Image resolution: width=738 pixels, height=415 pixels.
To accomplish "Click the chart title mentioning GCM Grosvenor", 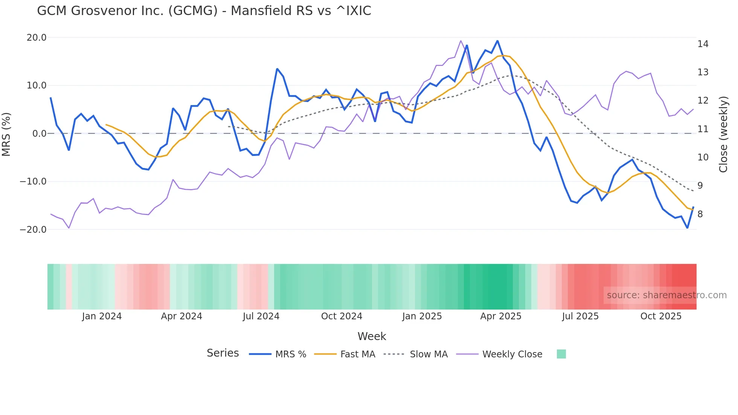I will pos(204,11).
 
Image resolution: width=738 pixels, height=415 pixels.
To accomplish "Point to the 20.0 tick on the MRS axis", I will pos(37,38).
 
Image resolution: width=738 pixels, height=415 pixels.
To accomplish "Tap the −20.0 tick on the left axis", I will pos(33,229).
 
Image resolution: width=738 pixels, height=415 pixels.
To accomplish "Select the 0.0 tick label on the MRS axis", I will pos(39,134).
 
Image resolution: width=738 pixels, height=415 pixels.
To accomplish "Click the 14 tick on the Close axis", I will pos(703,44).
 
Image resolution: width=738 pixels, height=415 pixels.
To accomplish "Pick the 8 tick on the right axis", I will pos(700,214).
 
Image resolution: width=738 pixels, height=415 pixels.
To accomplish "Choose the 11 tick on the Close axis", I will pos(703,129).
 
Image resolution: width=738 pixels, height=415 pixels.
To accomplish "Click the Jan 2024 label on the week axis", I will pos(102,316).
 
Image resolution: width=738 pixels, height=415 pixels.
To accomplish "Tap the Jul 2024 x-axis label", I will pos(261,316).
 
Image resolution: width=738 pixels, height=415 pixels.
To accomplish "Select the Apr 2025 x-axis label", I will pos(501,316).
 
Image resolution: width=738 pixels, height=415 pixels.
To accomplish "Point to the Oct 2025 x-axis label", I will pos(661,316).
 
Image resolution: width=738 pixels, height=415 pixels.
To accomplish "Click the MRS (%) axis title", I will pos(6,134).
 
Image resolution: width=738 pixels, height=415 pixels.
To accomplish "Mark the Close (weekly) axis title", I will pos(723,134).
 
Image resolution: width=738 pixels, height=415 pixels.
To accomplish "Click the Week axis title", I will pos(372,336).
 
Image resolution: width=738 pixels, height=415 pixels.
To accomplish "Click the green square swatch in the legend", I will pos(561,354).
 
